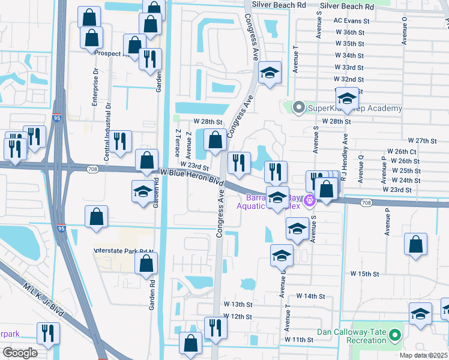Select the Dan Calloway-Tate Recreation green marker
[x=394, y=334]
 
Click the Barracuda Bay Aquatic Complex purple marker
[x=310, y=200]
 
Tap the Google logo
[x=20, y=352]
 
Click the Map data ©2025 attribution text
[x=423, y=355]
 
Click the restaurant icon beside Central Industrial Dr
[x=122, y=141]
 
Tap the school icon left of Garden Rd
[x=142, y=191]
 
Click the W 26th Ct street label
[x=402, y=151]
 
